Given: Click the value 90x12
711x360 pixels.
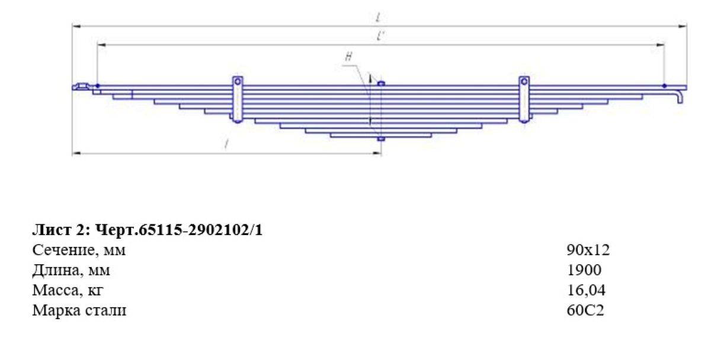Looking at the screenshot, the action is click(x=588, y=250).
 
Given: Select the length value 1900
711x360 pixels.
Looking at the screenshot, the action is click(x=584, y=270).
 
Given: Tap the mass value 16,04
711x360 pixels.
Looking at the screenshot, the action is click(x=586, y=290).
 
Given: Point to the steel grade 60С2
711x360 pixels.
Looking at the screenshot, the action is click(x=585, y=310).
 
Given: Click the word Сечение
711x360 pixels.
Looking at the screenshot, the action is click(x=63, y=250).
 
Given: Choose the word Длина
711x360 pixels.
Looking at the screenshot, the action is click(x=56, y=271).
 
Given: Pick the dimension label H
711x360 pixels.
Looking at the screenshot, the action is click(x=348, y=57).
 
